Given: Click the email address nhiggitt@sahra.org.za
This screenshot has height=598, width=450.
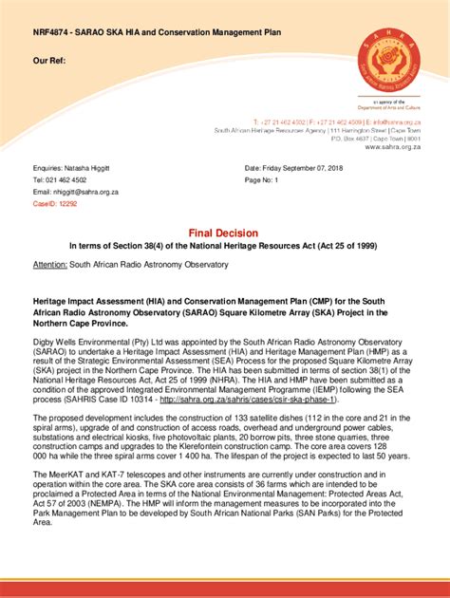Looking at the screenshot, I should [86, 191].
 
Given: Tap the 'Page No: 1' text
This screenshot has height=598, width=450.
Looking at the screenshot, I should [261, 178].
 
